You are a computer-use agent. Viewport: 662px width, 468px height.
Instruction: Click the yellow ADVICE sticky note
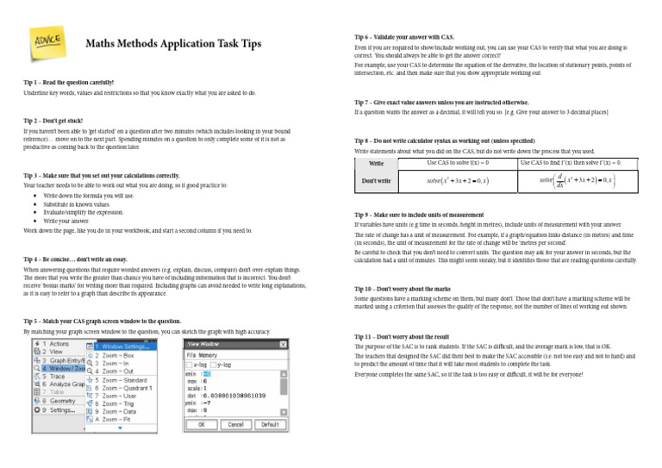pyautogui.click(x=47, y=41)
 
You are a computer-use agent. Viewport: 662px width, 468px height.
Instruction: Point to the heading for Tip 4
pyautogui.click(x=75, y=259)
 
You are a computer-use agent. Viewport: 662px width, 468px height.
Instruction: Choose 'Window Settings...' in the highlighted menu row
pyautogui.click(x=125, y=346)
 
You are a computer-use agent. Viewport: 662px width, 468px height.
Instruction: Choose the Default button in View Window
pyautogui.click(x=270, y=425)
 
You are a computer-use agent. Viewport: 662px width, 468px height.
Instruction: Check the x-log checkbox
pyautogui.click(x=191, y=364)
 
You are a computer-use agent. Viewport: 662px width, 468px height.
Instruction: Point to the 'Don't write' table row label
pyautogui.click(x=376, y=181)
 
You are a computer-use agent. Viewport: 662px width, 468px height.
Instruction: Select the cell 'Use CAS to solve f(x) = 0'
pyautogui.click(x=459, y=163)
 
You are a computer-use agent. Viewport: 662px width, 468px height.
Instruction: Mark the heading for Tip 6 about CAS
pyautogui.click(x=404, y=38)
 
